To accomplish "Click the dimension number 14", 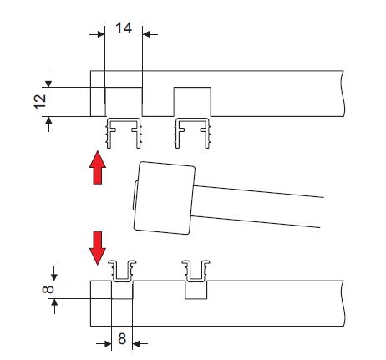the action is tap(124, 28).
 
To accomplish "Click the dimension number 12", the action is tap(40, 102).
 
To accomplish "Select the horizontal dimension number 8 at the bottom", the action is tap(122, 339).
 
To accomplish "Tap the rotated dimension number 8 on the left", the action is tap(48, 290).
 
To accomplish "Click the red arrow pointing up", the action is tap(98, 167).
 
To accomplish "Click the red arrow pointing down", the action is tap(98, 248).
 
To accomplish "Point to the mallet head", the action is tap(165, 198).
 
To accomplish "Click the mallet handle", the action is tap(256, 206).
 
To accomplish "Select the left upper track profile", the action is tap(124, 133).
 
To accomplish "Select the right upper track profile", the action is tap(192, 133).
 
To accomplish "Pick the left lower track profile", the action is tap(122, 271).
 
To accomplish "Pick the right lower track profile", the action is tap(196, 271).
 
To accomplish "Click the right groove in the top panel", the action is tap(192, 102).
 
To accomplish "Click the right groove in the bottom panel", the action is tap(196, 290).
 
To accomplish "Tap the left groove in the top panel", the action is tap(124, 102).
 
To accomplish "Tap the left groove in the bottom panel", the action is tap(122, 290).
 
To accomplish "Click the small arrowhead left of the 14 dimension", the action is tap(101, 34).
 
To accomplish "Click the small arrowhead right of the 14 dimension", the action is tap(146, 34).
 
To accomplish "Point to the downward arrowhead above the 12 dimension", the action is tap(48, 84).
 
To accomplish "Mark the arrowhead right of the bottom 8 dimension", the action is tap(136, 344).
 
